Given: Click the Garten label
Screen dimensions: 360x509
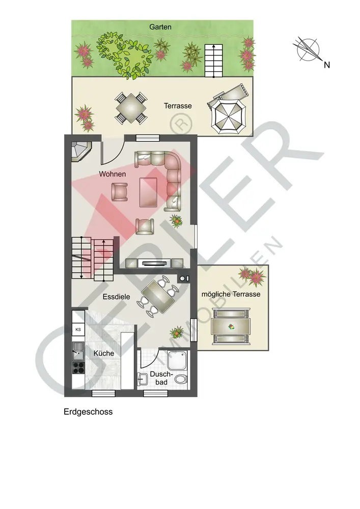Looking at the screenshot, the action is [160, 27].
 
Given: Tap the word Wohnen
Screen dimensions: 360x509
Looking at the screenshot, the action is [113, 174].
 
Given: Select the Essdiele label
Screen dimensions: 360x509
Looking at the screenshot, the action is [116, 297].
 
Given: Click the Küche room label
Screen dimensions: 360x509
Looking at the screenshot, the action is [103, 353].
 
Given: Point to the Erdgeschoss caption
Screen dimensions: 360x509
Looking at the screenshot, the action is [88, 412].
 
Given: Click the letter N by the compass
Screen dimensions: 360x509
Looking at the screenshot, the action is [327, 65].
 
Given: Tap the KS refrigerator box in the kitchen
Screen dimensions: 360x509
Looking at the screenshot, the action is [78, 329].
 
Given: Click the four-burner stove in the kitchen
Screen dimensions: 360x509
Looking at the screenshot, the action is [78, 368].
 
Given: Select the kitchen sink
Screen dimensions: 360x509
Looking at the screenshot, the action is [78, 351].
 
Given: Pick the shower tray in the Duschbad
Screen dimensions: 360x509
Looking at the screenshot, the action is [177, 360].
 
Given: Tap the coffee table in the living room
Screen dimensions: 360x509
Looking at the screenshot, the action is [148, 192].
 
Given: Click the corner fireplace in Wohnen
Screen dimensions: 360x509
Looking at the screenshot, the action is [81, 151].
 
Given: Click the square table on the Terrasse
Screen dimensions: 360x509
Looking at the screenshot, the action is [131, 108].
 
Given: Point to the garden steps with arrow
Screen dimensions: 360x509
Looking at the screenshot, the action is [213, 61].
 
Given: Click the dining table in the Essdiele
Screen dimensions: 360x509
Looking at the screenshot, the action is [158, 297].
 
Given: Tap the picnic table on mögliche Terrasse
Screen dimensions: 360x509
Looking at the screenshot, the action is [231, 327].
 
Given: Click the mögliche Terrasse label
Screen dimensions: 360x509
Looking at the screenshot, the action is [231, 294].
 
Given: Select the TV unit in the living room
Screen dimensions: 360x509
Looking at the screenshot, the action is [154, 263].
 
